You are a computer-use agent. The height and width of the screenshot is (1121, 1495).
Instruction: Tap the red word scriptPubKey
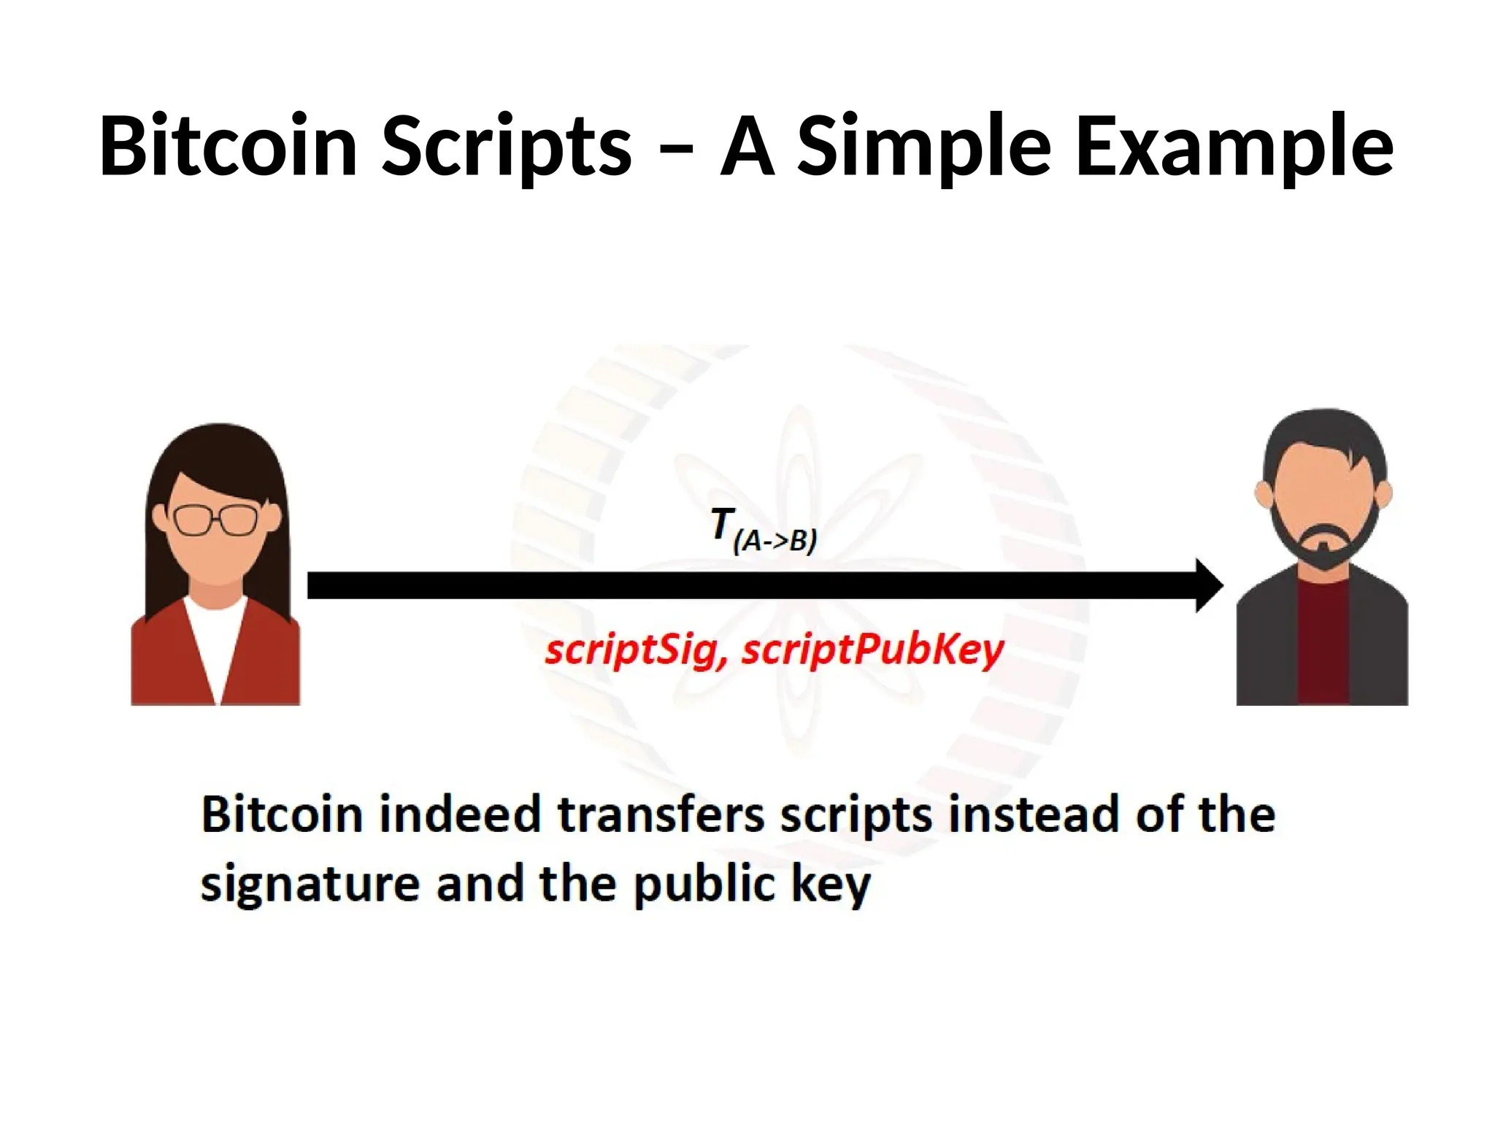point(873,650)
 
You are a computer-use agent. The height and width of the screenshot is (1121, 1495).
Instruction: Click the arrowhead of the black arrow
point(1208,585)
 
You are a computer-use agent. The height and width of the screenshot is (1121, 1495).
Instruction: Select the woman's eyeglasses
point(216,520)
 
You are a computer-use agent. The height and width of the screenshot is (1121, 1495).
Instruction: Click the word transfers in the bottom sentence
point(661,814)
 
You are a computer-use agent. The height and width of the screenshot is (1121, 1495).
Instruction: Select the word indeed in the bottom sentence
point(459,814)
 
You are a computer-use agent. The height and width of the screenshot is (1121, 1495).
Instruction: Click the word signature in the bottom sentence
point(310,885)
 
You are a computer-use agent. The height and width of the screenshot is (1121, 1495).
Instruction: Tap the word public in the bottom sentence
point(703,885)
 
